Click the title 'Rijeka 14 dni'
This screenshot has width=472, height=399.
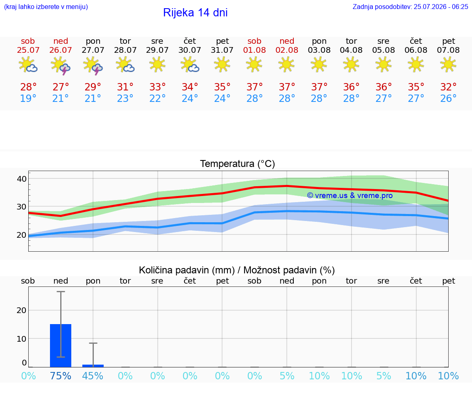coord(195,13)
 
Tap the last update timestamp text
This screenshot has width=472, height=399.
coord(410,7)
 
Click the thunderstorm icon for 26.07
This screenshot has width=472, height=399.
coord(61,65)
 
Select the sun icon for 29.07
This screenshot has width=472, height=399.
coord(157,65)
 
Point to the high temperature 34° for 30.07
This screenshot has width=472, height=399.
coord(190,87)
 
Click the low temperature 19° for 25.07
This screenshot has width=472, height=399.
coord(28,98)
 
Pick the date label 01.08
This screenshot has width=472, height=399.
coord(254,50)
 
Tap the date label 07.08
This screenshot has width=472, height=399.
coord(448,50)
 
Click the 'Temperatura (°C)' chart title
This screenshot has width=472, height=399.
coord(238,164)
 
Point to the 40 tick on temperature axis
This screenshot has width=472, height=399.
coord(22,179)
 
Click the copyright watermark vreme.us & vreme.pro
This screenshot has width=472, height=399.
coord(350,196)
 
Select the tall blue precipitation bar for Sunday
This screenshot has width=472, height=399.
coord(61,345)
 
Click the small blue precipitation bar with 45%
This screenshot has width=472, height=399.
coord(93,366)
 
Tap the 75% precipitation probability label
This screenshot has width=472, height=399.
coord(61,376)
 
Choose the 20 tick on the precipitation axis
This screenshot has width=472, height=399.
coord(22,310)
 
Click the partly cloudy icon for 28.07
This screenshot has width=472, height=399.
coord(125,65)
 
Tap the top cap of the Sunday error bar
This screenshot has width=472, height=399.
coord(61,292)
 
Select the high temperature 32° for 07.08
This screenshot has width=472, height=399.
coord(448,87)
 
